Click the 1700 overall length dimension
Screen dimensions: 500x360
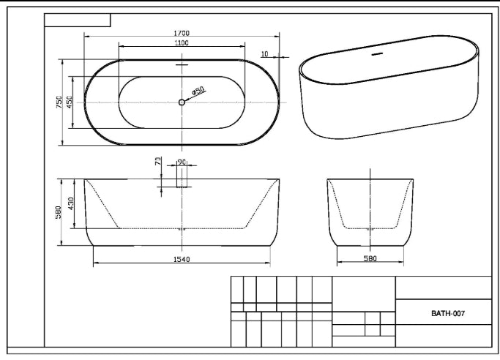click(182, 33)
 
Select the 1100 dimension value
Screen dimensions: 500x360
click(182, 42)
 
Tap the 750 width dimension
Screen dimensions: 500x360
click(59, 102)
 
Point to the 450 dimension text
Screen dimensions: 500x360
click(70, 102)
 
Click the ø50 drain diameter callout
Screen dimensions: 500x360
click(198, 91)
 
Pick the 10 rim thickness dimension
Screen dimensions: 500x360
click(265, 54)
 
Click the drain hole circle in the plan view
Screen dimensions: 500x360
click(182, 102)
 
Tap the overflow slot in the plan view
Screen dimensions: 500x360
click(182, 65)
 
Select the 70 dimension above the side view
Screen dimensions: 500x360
click(158, 161)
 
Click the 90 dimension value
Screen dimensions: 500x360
click(182, 162)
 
